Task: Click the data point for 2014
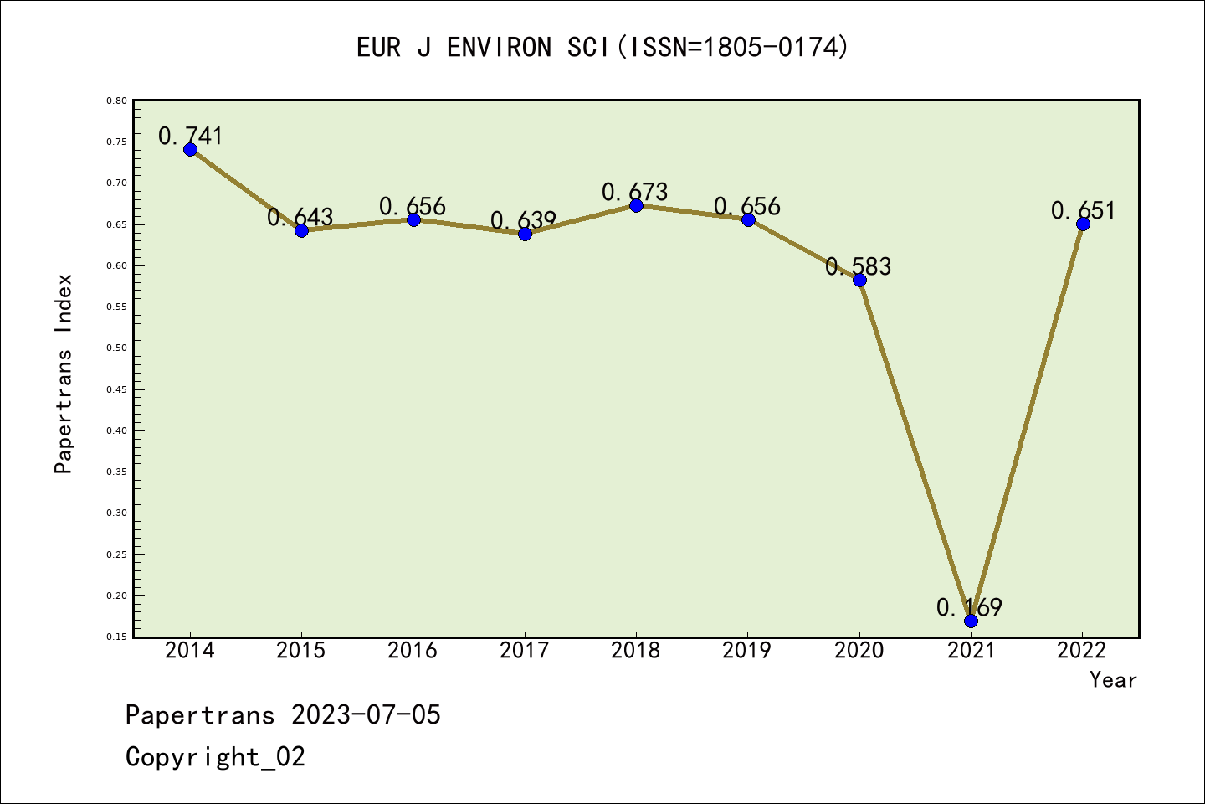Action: (x=190, y=149)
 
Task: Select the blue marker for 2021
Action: (x=971, y=621)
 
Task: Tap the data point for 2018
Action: (x=636, y=205)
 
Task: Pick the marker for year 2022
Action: (x=1083, y=224)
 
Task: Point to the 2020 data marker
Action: (x=859, y=280)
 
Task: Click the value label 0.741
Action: (x=191, y=136)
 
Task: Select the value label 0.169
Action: (x=969, y=607)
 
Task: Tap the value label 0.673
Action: (x=635, y=192)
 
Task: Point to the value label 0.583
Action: (x=859, y=266)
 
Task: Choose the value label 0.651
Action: (x=1084, y=210)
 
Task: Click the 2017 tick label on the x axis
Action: (x=525, y=651)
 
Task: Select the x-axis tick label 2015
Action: (x=301, y=651)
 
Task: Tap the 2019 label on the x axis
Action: (x=747, y=651)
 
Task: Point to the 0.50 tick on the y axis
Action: (x=117, y=348)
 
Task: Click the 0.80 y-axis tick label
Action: (x=117, y=100)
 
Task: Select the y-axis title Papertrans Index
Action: (x=64, y=374)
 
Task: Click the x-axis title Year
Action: (x=1113, y=680)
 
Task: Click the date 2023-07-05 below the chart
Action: (x=366, y=715)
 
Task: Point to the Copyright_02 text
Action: (x=215, y=757)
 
